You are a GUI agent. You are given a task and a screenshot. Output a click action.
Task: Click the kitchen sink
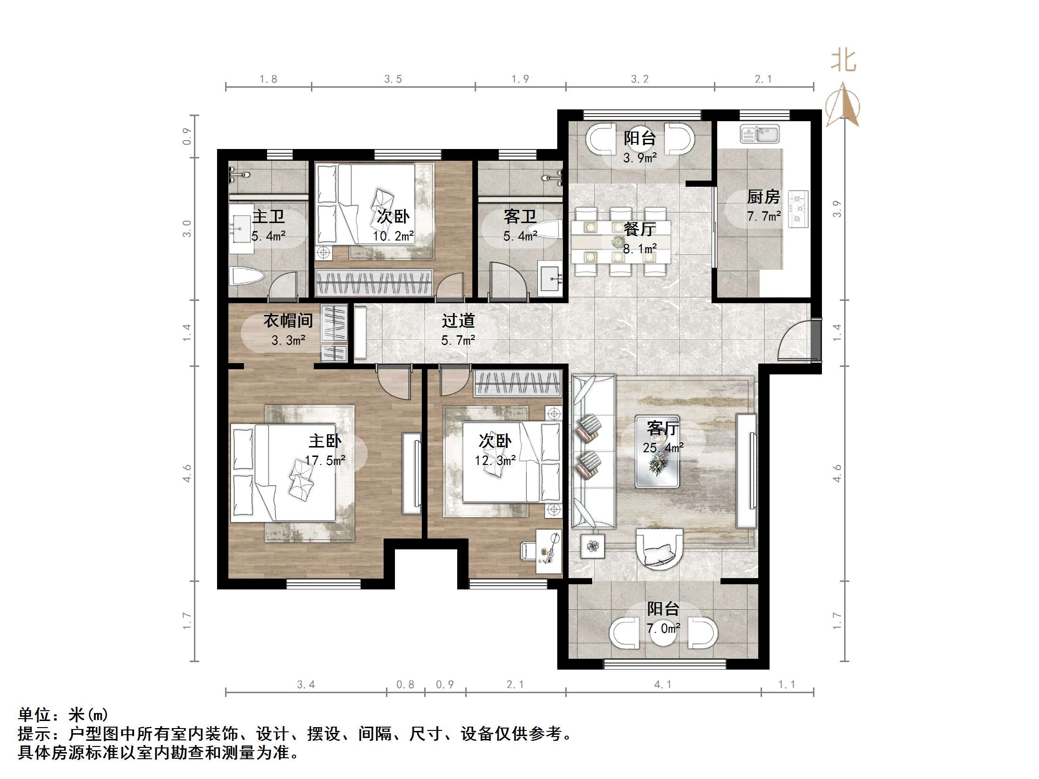click(759, 134)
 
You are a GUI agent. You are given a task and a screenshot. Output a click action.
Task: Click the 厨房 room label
click(763, 197)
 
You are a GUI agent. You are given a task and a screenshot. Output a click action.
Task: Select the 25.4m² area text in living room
click(663, 448)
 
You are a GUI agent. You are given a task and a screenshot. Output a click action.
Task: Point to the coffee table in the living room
click(657, 451)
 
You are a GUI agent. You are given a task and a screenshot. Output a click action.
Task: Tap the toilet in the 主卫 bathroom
click(246, 276)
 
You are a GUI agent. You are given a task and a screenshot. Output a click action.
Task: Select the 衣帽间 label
click(288, 321)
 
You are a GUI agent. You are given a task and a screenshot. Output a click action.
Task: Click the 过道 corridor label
click(458, 321)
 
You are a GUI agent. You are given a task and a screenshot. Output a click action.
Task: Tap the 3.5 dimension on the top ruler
click(393, 79)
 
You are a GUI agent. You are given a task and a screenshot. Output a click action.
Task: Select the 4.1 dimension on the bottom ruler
click(662, 685)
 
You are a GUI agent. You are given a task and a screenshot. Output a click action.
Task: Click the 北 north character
click(843, 61)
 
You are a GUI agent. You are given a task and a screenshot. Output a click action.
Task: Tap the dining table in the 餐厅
click(620, 242)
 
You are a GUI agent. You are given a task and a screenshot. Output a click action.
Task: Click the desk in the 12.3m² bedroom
click(549, 551)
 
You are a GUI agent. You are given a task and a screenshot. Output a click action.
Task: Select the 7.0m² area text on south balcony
click(663, 629)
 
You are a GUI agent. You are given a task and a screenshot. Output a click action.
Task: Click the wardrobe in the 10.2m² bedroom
click(374, 282)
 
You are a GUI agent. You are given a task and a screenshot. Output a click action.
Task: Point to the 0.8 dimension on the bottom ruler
click(405, 685)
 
